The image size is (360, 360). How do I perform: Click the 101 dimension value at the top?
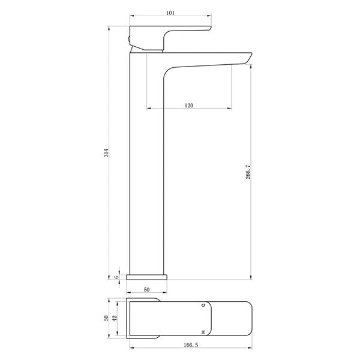pos(170,13)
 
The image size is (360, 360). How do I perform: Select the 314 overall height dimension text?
pos(106,153)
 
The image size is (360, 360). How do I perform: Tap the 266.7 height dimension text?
pos(248,172)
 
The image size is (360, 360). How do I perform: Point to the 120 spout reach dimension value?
pos(189,106)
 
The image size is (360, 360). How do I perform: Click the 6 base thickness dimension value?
pos(116,277)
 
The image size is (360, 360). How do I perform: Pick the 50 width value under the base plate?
pos(146,290)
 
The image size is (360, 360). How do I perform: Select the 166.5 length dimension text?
pos(191,345)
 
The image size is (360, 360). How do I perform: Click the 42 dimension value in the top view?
pos(115,319)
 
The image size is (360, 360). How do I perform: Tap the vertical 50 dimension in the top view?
pos(106,318)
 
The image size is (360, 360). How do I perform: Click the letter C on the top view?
pos(203,305)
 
